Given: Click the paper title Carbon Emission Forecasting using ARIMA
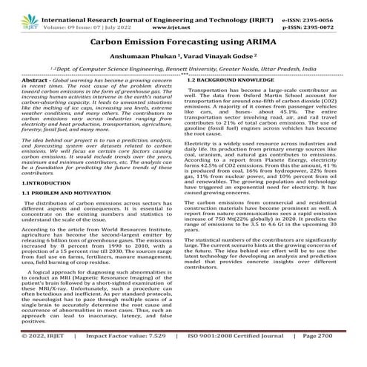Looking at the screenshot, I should point(183,45).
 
